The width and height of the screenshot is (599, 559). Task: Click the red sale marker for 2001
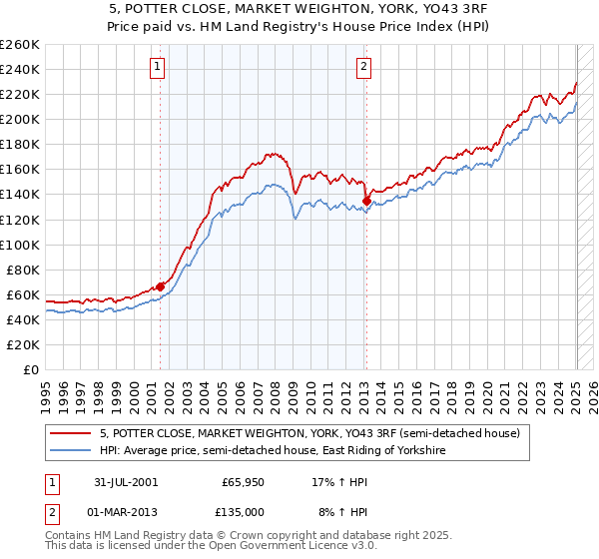click(161, 286)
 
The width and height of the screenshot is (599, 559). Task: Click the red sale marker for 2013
click(366, 201)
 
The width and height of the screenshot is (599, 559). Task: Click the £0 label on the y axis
click(30, 369)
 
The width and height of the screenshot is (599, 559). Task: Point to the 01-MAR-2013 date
click(119, 511)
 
